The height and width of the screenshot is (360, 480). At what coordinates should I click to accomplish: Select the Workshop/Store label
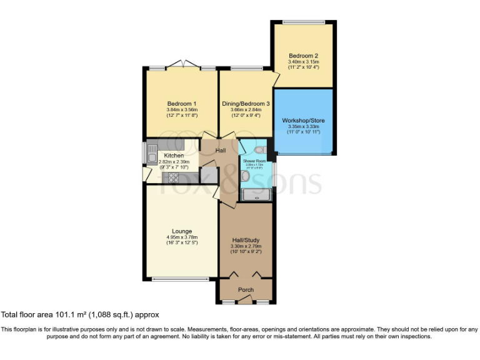(303, 120)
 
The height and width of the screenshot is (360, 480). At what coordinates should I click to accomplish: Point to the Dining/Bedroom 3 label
(246, 103)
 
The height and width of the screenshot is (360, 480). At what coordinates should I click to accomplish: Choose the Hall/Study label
(246, 240)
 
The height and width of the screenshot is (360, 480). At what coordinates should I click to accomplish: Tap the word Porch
(246, 290)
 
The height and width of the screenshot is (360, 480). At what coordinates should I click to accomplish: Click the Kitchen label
(174, 155)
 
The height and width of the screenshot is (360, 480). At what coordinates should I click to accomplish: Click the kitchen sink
(152, 152)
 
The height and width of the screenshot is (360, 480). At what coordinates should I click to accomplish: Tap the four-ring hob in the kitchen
(172, 177)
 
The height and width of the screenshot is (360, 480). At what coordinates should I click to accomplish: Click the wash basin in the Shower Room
(245, 176)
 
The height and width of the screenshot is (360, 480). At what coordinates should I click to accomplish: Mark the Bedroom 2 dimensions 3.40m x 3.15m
(303, 62)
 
